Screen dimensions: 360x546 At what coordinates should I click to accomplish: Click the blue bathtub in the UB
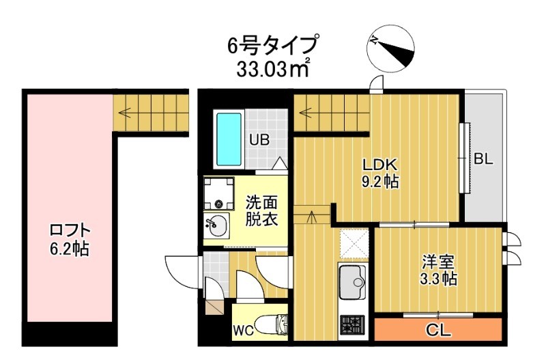tap(227, 139)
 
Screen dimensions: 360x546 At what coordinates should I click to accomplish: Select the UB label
tap(259, 141)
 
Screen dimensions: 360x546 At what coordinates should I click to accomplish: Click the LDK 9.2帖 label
tap(380, 174)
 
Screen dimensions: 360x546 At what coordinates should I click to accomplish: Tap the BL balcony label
tap(483, 159)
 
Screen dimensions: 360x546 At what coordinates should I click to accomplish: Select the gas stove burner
tap(353, 322)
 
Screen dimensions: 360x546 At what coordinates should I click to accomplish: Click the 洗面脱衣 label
tap(261, 211)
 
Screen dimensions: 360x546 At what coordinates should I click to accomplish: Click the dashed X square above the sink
tap(354, 244)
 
